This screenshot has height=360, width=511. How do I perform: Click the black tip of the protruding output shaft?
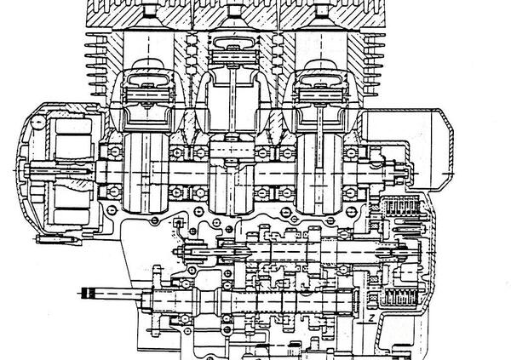(x=86, y=294)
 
